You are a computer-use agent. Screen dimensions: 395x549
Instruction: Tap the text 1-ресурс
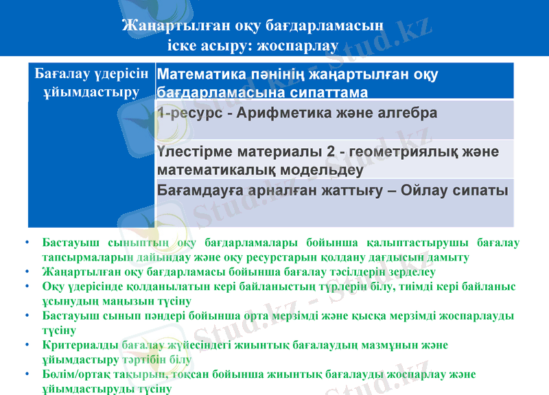[x=185, y=112]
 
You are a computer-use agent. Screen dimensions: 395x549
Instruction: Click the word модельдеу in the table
[x=319, y=168]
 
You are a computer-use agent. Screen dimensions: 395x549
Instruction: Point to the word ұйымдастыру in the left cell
[x=91, y=91]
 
